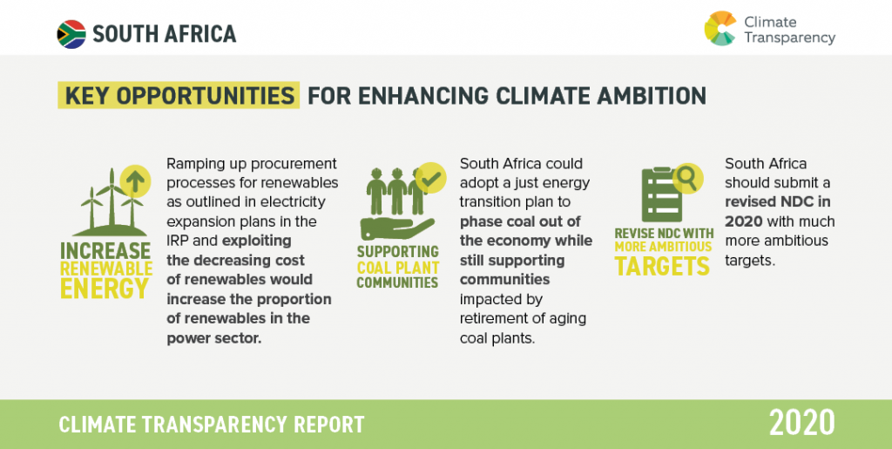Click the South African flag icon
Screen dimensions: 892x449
click(x=71, y=34)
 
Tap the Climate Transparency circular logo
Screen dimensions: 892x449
click(x=720, y=29)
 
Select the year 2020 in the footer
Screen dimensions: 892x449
click(x=801, y=423)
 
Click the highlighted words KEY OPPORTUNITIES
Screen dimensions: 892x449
click(x=179, y=96)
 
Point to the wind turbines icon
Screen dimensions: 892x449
click(x=111, y=202)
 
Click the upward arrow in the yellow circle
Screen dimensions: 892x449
click(x=135, y=181)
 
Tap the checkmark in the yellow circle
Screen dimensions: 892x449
click(x=430, y=178)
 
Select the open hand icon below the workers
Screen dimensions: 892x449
click(x=397, y=228)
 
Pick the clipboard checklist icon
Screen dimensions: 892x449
click(x=662, y=195)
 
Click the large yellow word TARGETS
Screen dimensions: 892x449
click(x=663, y=266)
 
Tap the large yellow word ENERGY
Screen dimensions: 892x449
click(x=105, y=288)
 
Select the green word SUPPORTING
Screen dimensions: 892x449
click(x=397, y=252)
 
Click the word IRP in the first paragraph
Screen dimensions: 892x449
click(x=177, y=240)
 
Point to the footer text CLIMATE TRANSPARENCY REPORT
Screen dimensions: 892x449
click(x=211, y=425)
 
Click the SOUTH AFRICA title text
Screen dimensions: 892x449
click(x=165, y=34)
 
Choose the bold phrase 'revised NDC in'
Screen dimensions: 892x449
click(x=778, y=202)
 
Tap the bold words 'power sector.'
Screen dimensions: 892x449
click(x=214, y=337)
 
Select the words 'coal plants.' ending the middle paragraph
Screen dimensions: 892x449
click(x=497, y=338)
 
